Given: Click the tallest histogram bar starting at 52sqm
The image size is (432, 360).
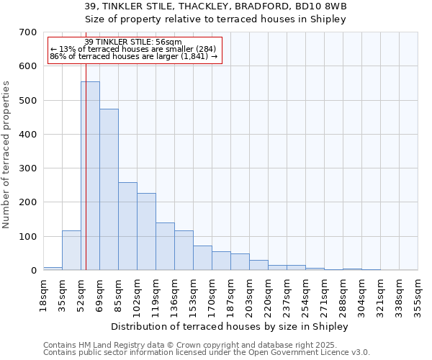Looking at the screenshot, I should coord(90,176).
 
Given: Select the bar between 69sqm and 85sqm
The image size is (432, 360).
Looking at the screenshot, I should coord(109,190).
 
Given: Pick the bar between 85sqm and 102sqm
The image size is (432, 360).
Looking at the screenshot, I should coord(127,227).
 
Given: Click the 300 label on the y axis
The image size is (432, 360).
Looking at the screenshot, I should coord(27,168).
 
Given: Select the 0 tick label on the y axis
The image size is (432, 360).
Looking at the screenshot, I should coord(33,271).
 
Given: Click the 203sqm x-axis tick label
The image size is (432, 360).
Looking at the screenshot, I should coord(249,295).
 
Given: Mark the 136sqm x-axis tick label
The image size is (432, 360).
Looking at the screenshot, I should coord(174,295).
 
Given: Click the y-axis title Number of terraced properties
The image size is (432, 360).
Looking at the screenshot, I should coord(6,155).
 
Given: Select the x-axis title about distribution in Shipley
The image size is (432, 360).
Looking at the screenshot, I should coord(230,326).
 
